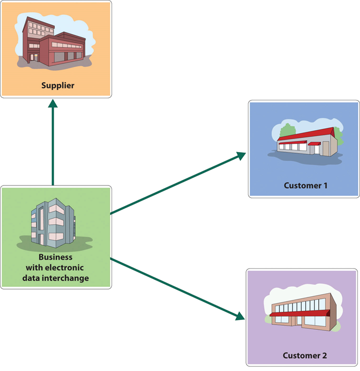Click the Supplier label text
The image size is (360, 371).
[58, 85]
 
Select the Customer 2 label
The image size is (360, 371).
[304, 356]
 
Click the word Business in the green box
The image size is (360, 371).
[55, 257]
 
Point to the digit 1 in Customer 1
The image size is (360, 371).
[325, 185]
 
